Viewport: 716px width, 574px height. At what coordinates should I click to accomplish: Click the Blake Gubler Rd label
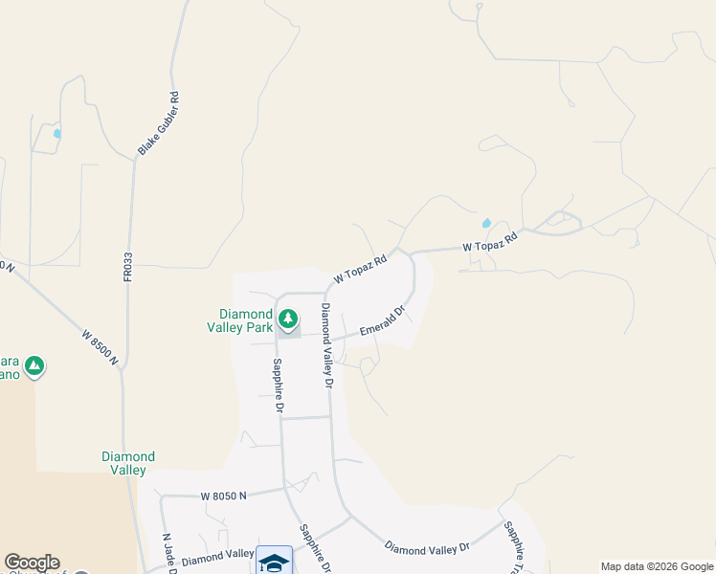tap(159, 123)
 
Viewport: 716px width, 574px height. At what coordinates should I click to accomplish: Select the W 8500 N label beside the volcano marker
tap(100, 348)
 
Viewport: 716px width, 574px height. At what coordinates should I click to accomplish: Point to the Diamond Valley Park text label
tap(246, 320)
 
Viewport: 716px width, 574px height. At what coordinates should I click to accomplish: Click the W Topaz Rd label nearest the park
tap(360, 269)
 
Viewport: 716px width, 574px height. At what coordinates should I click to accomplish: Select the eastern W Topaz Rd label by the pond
tap(490, 240)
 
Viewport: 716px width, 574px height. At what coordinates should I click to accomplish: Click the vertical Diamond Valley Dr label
tap(325, 344)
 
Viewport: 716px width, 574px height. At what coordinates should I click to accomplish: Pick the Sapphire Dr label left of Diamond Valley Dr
tap(279, 385)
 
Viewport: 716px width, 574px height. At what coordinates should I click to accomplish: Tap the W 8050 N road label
tap(224, 497)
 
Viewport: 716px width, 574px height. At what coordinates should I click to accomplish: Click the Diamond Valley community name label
tap(128, 463)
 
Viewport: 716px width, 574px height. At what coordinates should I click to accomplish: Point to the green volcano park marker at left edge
tap(34, 365)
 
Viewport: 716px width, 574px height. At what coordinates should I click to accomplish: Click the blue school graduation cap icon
tap(274, 562)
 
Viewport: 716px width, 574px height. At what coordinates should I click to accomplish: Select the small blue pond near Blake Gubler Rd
tap(57, 134)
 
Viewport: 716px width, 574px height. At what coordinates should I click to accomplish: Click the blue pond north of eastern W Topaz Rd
tap(486, 224)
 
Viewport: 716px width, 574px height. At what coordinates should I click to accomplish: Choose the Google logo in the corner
tap(32, 563)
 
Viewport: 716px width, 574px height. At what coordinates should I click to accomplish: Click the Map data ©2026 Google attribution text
tap(657, 566)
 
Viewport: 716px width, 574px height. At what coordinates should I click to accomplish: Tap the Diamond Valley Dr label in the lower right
tap(427, 547)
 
